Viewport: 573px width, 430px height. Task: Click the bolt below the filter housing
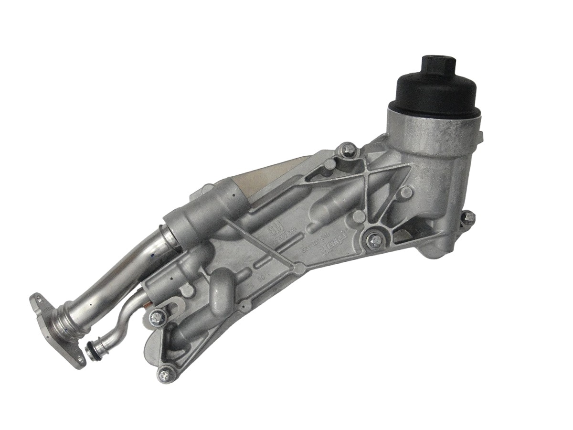coord(375,239)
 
